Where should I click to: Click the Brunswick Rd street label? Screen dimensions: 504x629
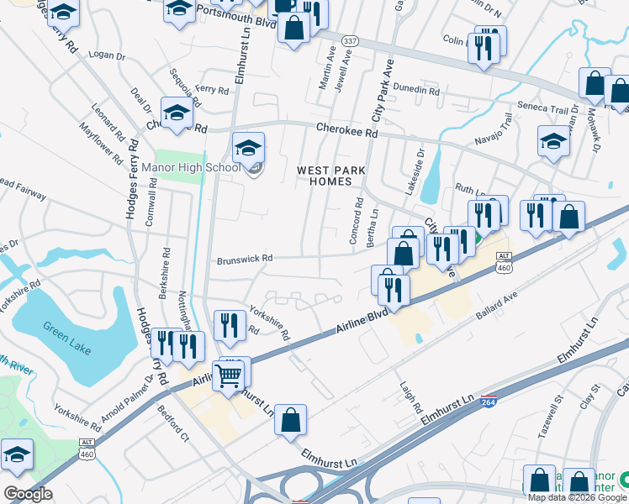pos(245,259)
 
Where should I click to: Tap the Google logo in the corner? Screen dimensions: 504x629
pos(28,494)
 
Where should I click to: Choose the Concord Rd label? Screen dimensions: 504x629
pos(357,221)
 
